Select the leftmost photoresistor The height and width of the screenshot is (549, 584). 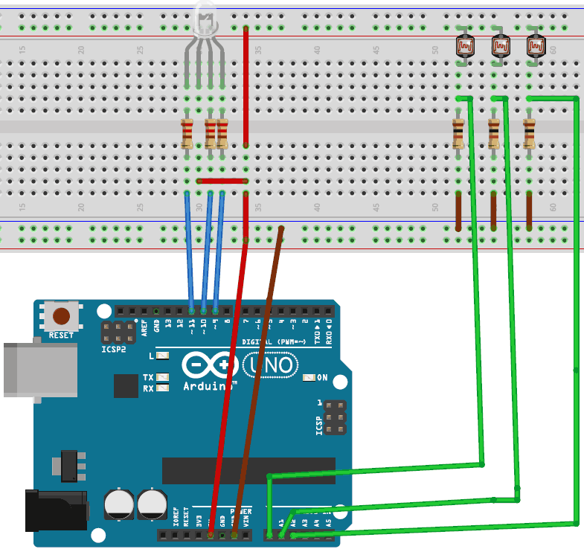tap(465, 48)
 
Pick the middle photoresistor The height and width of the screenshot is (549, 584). tap(500, 48)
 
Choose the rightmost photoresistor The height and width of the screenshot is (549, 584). tap(535, 48)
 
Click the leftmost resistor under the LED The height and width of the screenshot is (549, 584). tap(187, 133)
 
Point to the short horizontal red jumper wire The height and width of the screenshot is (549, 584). tap(222, 180)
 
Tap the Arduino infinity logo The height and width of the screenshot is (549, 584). tap(211, 366)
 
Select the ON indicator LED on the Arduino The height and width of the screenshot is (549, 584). tap(309, 378)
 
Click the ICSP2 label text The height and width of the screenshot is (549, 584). tap(114, 348)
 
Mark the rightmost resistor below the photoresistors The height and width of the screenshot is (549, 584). tap(529, 133)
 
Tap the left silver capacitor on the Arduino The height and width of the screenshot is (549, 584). tap(119, 504)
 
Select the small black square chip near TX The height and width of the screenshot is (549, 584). tap(126, 385)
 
